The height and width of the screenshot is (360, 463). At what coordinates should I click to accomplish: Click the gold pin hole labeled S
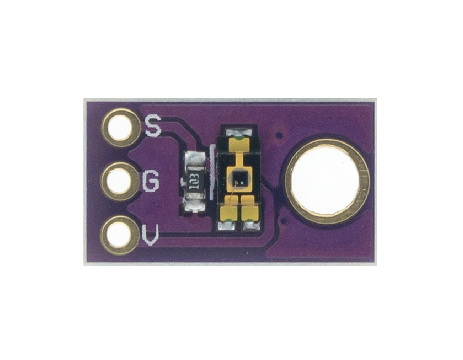click(x=120, y=128)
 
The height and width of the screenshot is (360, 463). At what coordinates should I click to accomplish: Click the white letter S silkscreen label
click(x=153, y=125)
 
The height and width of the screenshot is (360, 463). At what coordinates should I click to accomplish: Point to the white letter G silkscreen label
click(x=150, y=181)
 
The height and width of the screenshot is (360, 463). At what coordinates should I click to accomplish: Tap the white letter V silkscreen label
click(x=150, y=236)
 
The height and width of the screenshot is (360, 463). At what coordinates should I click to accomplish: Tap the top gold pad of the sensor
click(x=239, y=143)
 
